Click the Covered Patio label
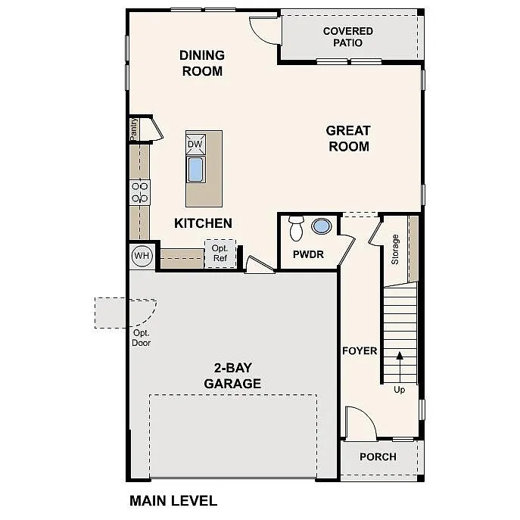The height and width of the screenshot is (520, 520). pos(347,37)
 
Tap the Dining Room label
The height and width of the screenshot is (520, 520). pos(202,63)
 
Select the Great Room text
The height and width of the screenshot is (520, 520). pos(348,139)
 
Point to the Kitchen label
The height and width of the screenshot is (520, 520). pos(203,223)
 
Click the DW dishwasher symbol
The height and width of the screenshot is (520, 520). pos(195,144)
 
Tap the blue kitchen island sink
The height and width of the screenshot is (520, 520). pos(195,169)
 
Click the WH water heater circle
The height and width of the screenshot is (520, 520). pos(142,256)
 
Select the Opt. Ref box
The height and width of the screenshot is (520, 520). pos(220,254)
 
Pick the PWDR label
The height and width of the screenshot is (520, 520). pos(308,255)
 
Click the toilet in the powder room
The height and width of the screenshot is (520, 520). pos(296,227)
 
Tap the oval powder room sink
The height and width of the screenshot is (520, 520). pos(322,226)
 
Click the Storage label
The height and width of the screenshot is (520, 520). pos(394,249)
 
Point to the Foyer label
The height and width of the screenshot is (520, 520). pos(360,350)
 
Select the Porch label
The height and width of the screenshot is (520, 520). pos(378,456)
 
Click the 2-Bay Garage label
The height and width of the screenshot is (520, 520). pos(232,375)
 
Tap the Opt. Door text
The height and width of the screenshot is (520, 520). pos(142,338)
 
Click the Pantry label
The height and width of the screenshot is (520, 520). pos(134,129)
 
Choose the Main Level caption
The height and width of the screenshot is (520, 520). pos(173,500)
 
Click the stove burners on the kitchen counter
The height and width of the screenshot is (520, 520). pos(140,191)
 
